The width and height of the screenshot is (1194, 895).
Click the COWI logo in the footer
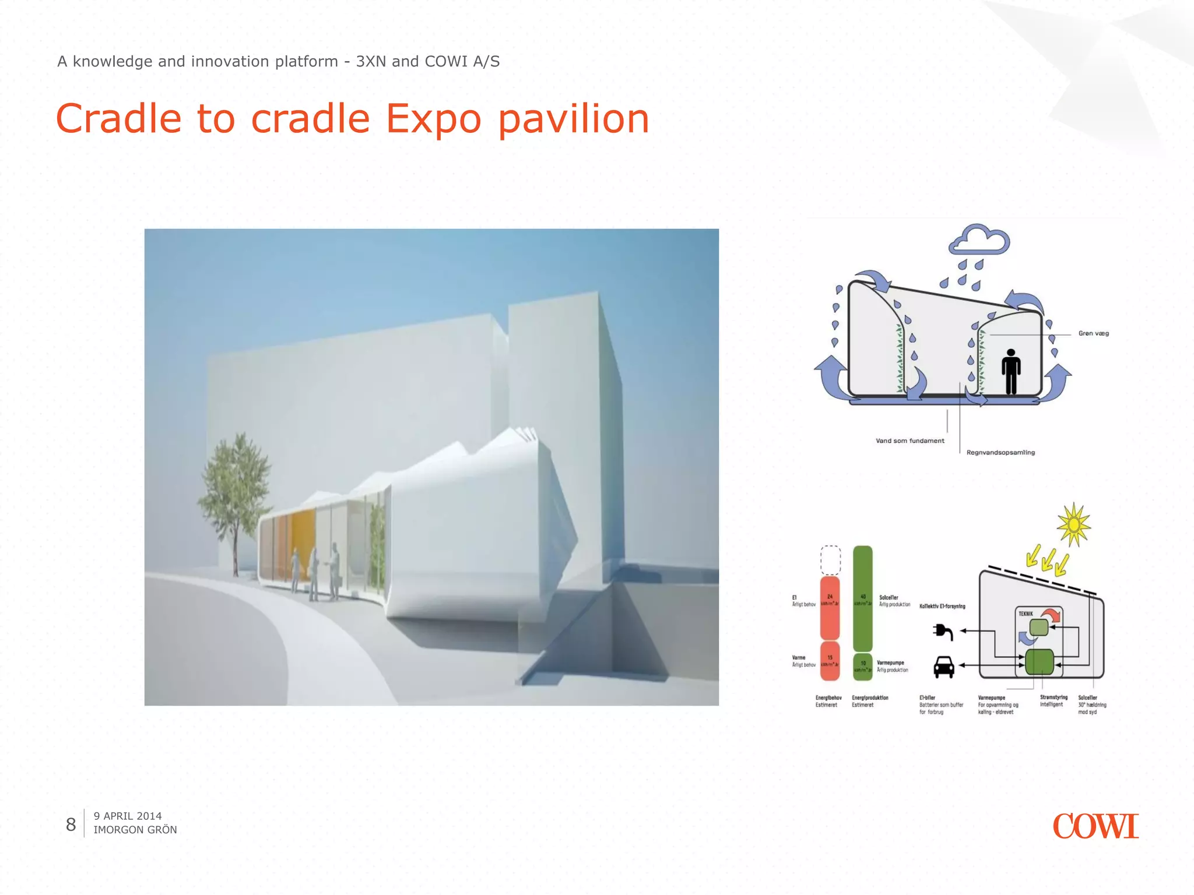1095,826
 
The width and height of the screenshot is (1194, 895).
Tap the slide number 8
71,824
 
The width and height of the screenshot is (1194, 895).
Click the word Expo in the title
434,119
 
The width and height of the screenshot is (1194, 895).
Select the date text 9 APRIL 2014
128,816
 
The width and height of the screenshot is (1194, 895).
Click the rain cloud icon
979,240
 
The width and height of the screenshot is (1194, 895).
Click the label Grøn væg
1093,333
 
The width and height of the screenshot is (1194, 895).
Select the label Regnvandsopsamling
1000,452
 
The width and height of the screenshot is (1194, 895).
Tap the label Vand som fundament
909,441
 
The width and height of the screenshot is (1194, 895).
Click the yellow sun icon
1073,525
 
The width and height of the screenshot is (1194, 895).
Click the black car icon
944,667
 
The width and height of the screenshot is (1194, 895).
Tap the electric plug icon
943,632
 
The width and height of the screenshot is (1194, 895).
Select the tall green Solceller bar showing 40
862,599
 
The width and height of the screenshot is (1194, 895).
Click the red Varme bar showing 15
830,661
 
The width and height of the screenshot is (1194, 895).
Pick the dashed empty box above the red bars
830,560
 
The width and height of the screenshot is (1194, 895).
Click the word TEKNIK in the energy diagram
1026,614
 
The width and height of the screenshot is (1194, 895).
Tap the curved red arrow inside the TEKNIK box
1052,615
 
